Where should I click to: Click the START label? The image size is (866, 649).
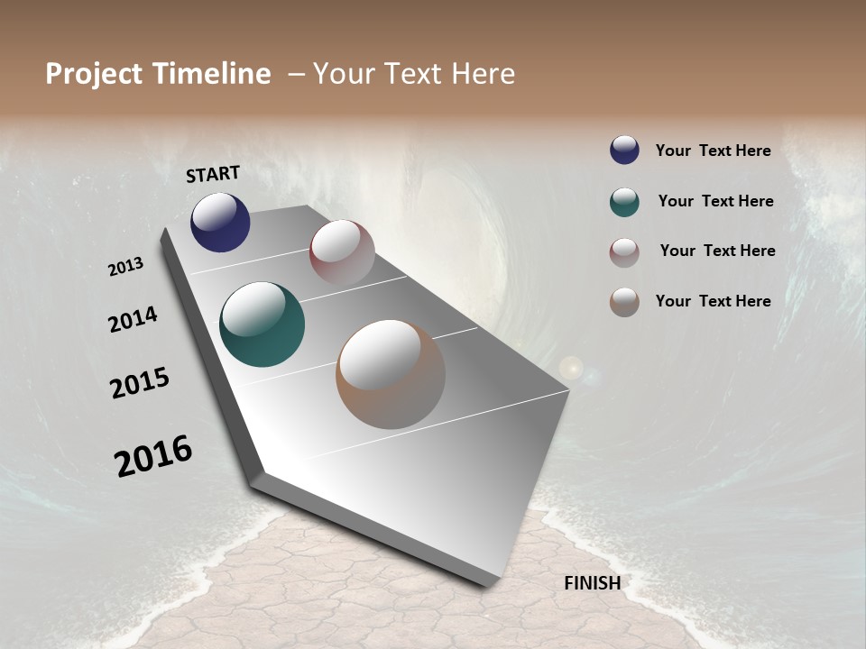pos(213,173)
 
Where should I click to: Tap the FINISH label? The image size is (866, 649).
pos(592,583)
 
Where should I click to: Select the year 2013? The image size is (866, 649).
pos(125,267)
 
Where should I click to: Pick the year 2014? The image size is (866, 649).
pos(133,319)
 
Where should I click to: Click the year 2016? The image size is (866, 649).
pos(153,455)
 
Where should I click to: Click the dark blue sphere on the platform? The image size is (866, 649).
pos(220,222)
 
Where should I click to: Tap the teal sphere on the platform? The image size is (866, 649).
pos(262,324)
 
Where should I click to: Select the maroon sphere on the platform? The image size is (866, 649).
pos(342,252)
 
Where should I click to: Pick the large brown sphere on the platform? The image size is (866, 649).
pos(391,374)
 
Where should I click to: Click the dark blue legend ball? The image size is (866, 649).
pos(624,151)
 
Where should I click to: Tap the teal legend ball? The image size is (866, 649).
pos(624,202)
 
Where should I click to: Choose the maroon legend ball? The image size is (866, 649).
pos(624,252)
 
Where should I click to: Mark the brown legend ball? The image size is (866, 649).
pos(624,302)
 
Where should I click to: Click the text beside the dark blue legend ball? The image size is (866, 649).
pos(713,151)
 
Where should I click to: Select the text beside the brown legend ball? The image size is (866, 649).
pos(713,301)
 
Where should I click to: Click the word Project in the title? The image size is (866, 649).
pos(91,74)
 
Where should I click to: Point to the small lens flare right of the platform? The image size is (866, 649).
pos(571,368)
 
